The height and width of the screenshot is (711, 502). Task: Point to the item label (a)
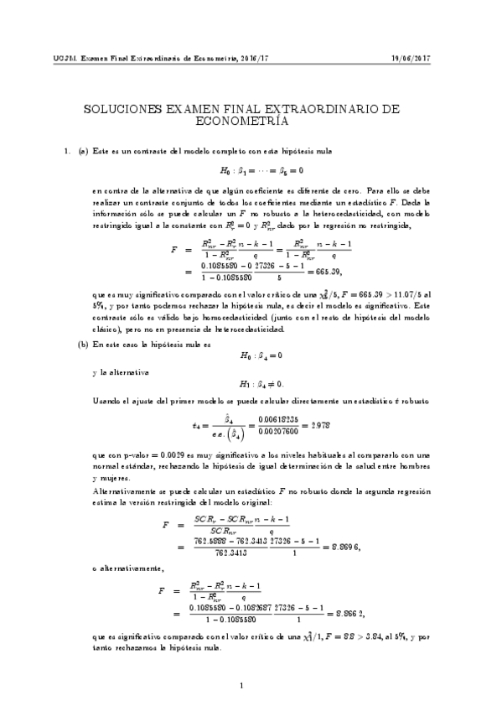[83, 150]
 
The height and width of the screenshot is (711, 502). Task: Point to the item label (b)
[83, 367]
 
